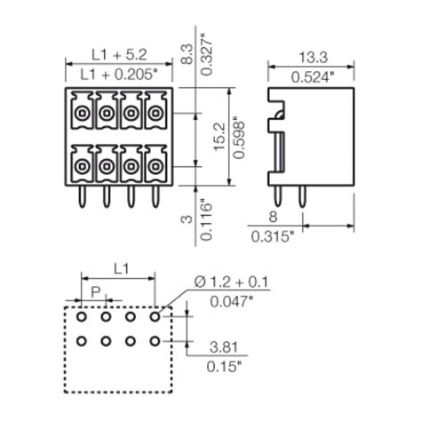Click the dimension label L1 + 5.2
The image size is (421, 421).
pos(118,52)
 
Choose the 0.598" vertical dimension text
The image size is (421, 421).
pos(237,137)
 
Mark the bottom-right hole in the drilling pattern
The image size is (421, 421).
pos(155,340)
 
